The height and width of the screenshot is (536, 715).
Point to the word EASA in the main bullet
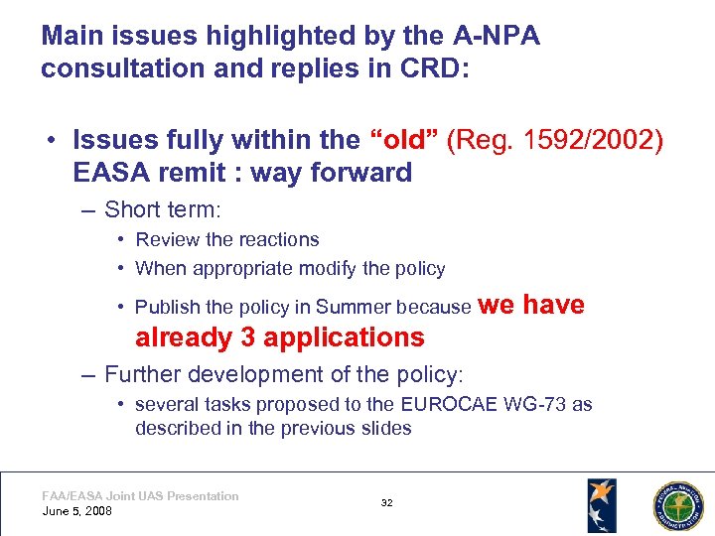coord(110,173)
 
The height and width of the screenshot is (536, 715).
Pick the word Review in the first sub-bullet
coord(164,239)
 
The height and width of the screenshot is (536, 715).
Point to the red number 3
coord(248,337)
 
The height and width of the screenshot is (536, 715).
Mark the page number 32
coord(386,503)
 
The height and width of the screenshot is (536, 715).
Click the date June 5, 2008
coord(76,511)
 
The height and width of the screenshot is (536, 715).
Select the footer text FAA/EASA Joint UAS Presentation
coord(140,496)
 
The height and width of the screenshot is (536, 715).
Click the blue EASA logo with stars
coord(601,504)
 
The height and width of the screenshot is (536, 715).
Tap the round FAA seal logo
coord(676,504)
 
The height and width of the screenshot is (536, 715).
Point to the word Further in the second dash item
coord(140,374)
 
